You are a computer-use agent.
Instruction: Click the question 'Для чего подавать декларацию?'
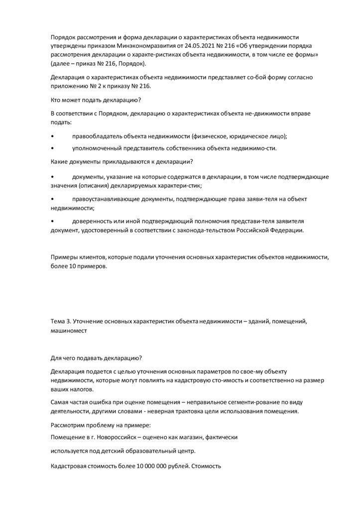96,358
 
